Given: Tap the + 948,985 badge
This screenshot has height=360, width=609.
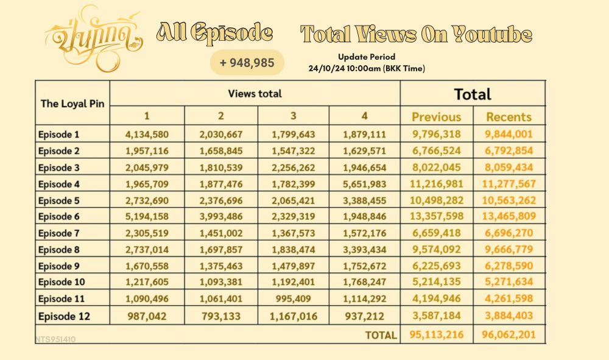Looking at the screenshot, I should [247, 62].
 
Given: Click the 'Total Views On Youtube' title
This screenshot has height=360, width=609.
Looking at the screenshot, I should [417, 34].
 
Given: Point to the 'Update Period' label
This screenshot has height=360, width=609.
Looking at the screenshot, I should [367, 57].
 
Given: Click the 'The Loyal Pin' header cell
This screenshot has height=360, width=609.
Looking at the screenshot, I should [72, 103].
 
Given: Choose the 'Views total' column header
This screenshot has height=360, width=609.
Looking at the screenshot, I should [255, 94].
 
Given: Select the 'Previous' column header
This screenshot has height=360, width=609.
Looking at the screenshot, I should [437, 117].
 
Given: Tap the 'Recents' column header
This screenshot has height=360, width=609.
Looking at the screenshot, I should [509, 117].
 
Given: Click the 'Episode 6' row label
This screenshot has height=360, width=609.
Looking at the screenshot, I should [58, 216].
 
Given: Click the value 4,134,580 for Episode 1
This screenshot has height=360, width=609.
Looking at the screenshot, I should [147, 134].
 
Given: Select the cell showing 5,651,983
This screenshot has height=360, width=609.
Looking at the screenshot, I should [364, 183].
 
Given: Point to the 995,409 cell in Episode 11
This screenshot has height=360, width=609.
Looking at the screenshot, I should [293, 298].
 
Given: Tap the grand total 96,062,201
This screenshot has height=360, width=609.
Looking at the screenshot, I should [509, 334].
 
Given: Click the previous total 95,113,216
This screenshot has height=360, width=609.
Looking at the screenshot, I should [436, 334].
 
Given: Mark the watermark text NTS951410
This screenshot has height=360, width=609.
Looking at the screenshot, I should [55, 339].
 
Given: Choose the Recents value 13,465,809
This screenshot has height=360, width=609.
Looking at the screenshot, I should [509, 216].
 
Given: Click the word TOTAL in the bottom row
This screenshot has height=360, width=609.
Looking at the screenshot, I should [381, 335].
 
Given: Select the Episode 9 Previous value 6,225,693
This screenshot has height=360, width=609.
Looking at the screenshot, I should [437, 266].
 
